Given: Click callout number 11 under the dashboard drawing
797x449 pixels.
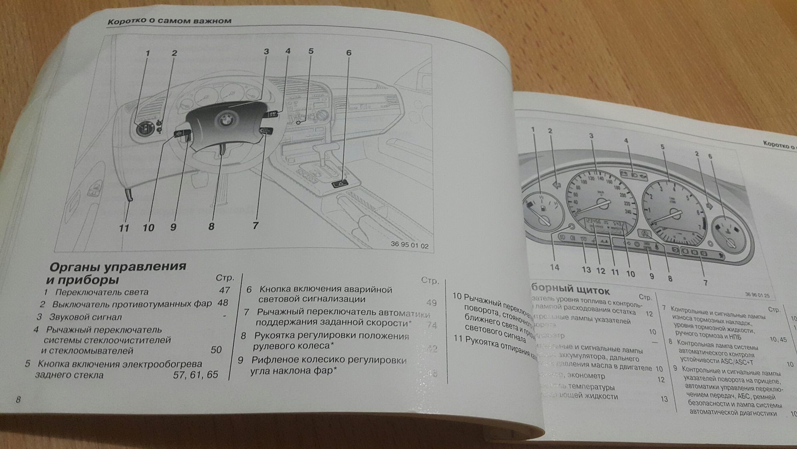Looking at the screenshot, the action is (124, 228).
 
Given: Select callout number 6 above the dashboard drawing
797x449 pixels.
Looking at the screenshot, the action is (349, 53).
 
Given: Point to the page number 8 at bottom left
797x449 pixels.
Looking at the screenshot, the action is (18, 400).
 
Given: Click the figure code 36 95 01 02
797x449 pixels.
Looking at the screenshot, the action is (409, 245).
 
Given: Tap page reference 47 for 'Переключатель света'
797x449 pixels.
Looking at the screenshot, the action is (225, 290).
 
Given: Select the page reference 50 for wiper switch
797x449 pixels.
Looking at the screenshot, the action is (216, 350).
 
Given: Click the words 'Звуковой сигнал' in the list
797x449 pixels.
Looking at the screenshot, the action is (86, 317).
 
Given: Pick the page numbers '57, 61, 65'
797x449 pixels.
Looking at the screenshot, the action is (196, 375).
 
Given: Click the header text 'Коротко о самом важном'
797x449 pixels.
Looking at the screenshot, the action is (169, 21).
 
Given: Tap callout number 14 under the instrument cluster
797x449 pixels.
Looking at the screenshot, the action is (555, 267).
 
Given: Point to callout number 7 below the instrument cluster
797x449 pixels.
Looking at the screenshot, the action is (705, 283).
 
